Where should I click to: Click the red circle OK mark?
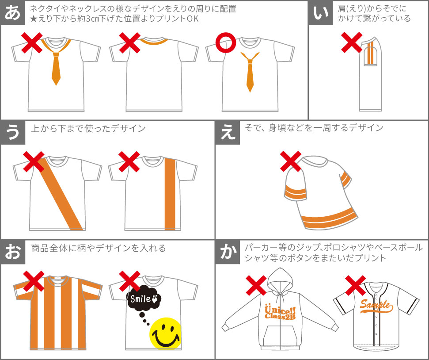point(225,43)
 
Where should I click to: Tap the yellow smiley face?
point(166,333)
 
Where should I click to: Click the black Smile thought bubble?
point(143,298)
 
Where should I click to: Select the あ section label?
point(12,13)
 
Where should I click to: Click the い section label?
point(321,13)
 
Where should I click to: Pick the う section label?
point(13,132)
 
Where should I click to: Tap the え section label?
point(228,132)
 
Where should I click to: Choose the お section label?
point(13,252)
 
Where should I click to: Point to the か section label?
point(228,252)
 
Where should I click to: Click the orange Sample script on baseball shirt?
point(376,306)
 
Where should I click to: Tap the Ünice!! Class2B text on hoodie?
point(280,313)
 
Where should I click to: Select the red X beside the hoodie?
point(256,286)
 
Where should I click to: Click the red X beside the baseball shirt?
point(355,286)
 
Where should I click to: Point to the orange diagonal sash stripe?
point(60,193)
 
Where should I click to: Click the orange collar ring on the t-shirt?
point(154,42)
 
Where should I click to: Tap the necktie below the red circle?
point(250,71)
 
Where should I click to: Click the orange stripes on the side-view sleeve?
point(370,53)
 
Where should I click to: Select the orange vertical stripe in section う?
point(170,194)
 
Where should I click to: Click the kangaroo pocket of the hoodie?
point(281,336)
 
